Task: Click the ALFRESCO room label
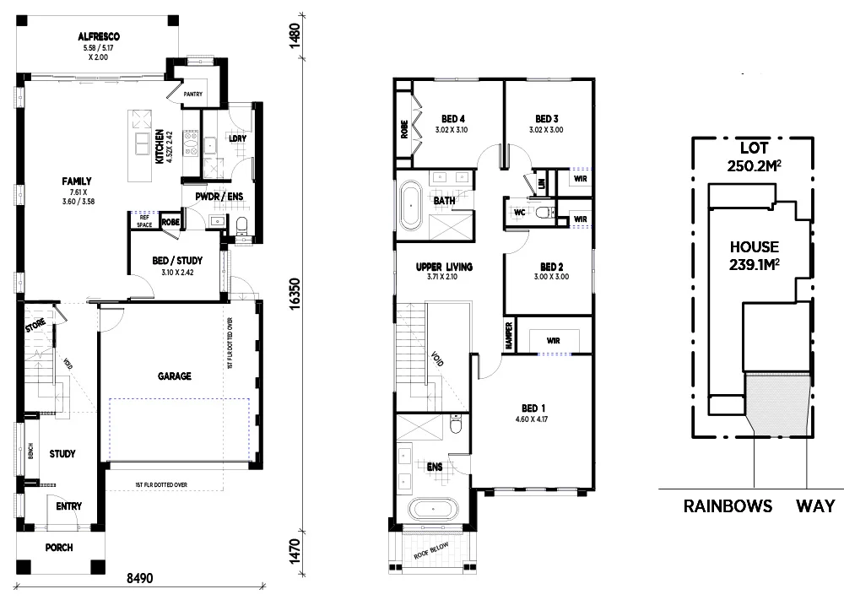[98, 37]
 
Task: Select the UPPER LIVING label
[444, 267]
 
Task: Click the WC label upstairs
[520, 213]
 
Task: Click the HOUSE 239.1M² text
[755, 256]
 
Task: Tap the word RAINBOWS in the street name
[728, 506]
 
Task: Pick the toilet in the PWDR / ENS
[241, 225]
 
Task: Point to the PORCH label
[59, 548]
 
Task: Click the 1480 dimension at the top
[294, 38]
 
